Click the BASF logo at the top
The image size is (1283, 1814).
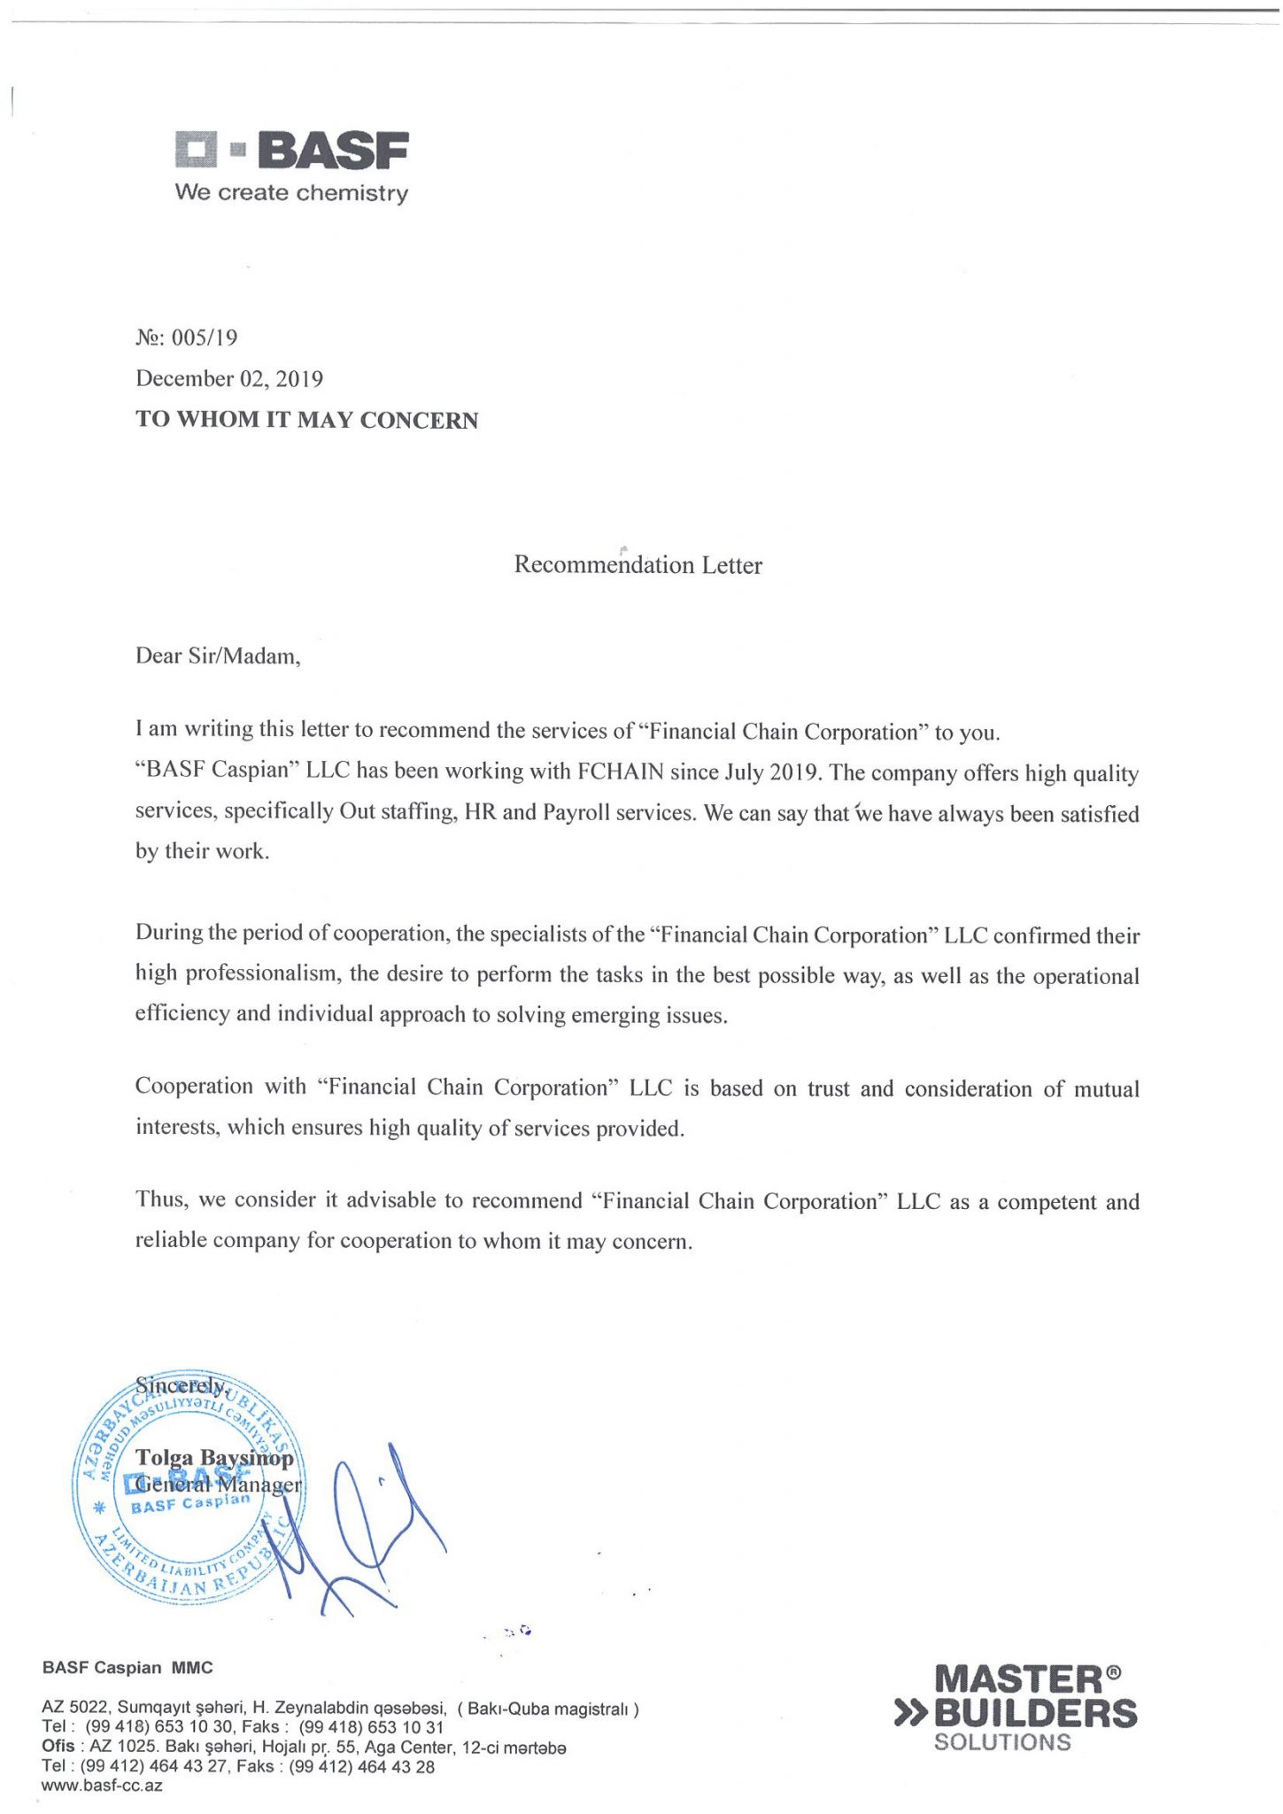[x=291, y=150]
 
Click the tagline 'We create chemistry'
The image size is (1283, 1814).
[x=291, y=193]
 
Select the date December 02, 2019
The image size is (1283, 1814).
[x=229, y=379]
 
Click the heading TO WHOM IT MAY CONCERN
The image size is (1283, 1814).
[x=306, y=420]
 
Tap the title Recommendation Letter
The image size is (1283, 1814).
[x=638, y=565]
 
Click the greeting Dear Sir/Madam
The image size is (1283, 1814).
[x=218, y=656]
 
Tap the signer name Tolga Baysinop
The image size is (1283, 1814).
[x=214, y=1458]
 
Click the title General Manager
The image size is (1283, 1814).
[x=219, y=1485]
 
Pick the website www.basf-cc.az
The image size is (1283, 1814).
[x=102, y=1786]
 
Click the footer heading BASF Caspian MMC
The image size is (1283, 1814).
[x=128, y=1668]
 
